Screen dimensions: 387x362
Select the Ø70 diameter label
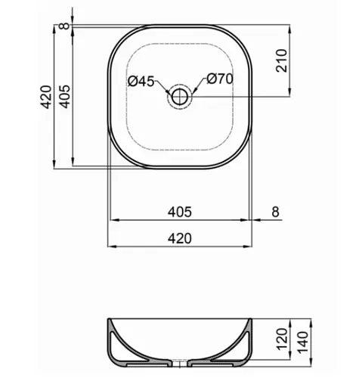[219, 79]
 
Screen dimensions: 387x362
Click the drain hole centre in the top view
[181, 96]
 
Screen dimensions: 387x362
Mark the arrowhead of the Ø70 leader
[193, 92]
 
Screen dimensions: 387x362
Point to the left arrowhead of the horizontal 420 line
[112, 246]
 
